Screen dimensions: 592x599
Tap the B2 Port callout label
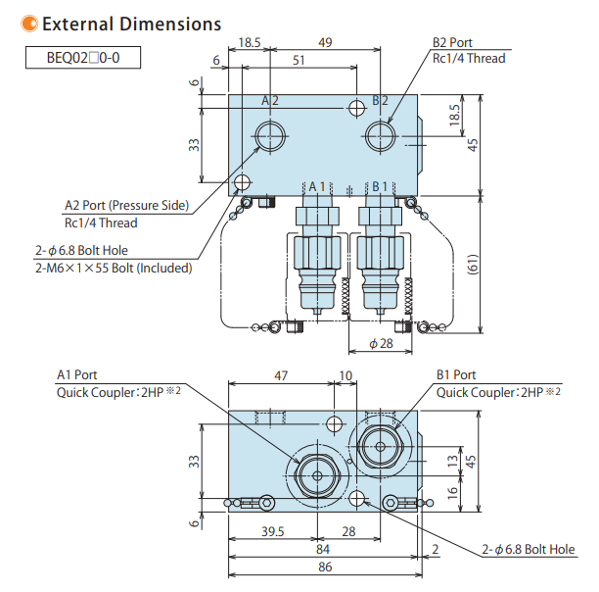coord(453,43)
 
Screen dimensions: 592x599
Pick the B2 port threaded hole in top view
coord(379,136)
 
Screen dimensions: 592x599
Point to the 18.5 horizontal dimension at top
coord(250,42)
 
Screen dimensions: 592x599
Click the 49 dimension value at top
coord(325,42)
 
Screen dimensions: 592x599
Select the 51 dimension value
coord(299,61)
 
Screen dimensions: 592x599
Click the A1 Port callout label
coord(77,374)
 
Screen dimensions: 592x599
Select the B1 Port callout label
coord(456,374)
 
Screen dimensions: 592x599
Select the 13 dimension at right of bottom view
coord(452,460)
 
